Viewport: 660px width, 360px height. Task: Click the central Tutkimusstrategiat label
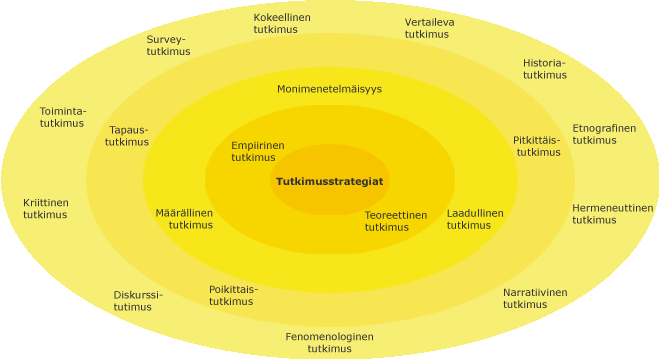(x=330, y=181)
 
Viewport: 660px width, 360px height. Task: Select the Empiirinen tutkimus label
(x=257, y=151)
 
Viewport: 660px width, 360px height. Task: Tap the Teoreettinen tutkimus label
(x=395, y=221)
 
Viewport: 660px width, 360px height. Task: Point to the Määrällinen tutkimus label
(x=185, y=219)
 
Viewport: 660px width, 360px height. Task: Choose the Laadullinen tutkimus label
(x=475, y=219)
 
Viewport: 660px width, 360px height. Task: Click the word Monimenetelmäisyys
(x=329, y=89)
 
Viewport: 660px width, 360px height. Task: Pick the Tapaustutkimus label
(x=128, y=136)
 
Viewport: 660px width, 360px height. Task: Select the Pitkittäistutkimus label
(x=537, y=146)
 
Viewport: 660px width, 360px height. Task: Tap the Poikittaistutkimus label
(x=233, y=295)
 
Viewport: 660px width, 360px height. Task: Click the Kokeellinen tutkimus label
(x=281, y=24)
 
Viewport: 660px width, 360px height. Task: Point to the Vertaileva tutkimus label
(x=429, y=28)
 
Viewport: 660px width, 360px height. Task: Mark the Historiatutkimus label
(x=544, y=69)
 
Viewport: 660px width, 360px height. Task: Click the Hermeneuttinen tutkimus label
(x=612, y=214)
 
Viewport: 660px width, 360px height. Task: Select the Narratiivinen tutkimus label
(x=534, y=298)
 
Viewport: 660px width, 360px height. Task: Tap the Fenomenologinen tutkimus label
(x=329, y=343)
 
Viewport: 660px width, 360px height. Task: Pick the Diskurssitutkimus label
(x=137, y=301)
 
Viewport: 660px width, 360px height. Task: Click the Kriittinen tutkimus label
(x=46, y=209)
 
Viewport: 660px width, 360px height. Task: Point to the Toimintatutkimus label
(x=62, y=117)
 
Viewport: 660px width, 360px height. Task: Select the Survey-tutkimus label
(x=168, y=45)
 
